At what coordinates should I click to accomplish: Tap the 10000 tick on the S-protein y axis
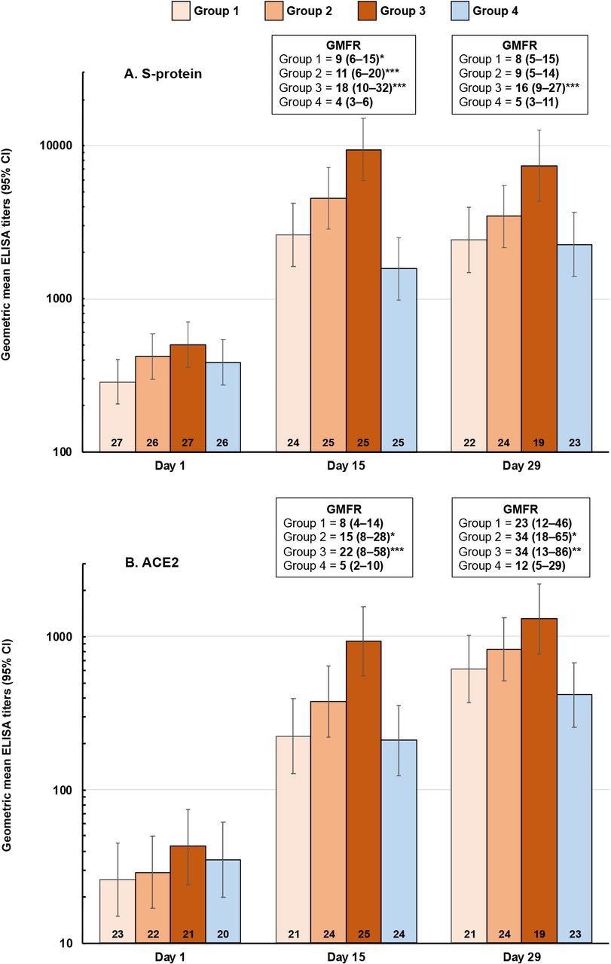[x=63, y=146]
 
